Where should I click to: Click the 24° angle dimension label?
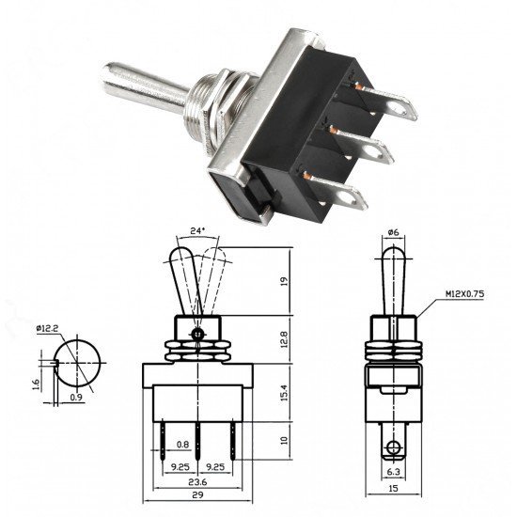[197, 231]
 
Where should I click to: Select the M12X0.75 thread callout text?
[465, 294]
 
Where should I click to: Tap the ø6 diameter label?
[393, 232]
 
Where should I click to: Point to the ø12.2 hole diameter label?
[48, 328]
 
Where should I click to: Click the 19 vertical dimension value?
[284, 281]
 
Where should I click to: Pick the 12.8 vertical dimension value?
[284, 339]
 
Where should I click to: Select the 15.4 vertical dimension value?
[284, 392]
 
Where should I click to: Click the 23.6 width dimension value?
[197, 481]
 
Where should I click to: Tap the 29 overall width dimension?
[197, 494]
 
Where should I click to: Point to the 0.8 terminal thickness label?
[182, 445]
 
